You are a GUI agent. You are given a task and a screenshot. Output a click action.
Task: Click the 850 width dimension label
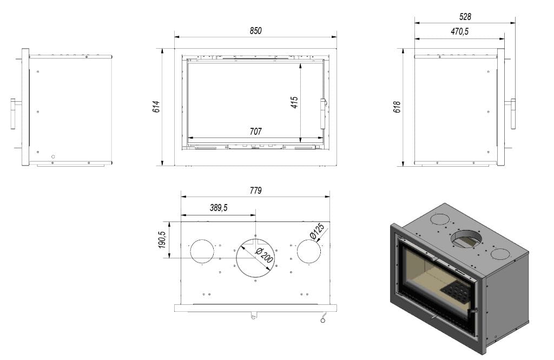[255, 31]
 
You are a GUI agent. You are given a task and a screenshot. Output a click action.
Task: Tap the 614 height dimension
[156, 107]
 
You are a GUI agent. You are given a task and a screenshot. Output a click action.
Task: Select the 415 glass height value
[294, 102]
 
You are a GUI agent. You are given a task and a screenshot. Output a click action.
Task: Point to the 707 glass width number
[255, 132]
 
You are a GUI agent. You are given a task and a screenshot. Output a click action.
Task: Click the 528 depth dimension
[465, 17]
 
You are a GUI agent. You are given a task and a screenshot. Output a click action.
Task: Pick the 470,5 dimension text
[460, 31]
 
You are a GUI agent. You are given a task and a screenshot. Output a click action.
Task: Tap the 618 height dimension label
[397, 107]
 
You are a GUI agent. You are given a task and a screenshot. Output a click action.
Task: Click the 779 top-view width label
[255, 191]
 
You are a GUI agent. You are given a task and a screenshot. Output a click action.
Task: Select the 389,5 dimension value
[219, 207]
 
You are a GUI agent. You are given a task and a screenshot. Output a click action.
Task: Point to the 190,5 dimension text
[162, 240]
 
